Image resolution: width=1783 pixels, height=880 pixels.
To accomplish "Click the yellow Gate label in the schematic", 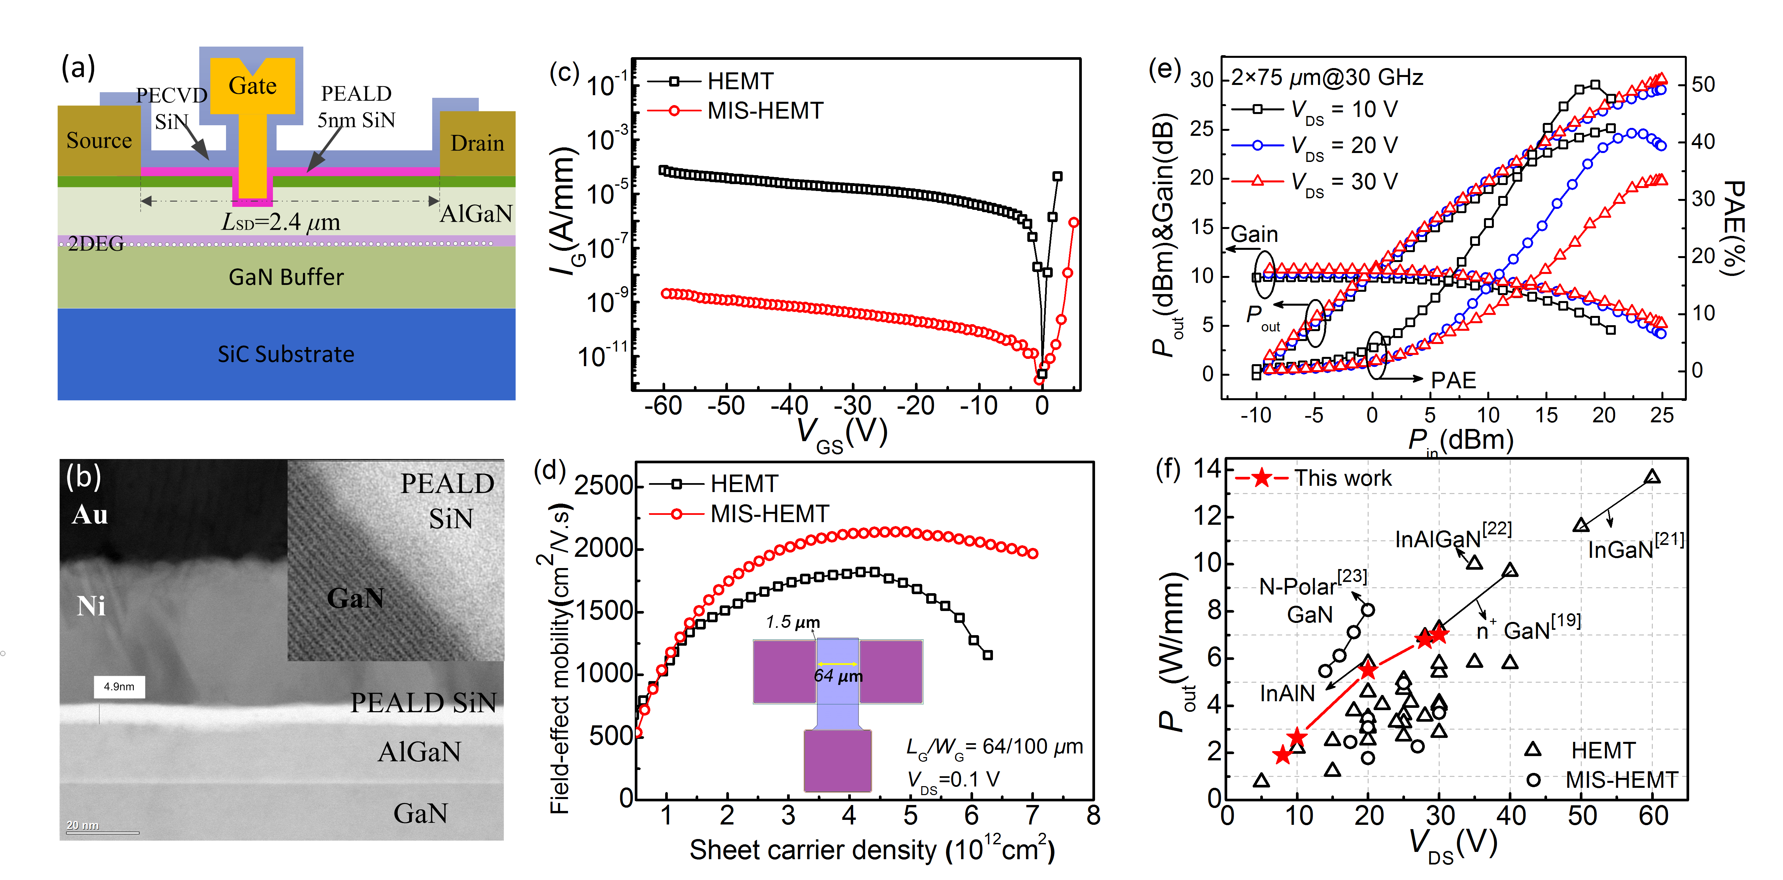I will tap(253, 86).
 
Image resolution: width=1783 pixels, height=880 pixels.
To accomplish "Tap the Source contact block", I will tap(99, 140).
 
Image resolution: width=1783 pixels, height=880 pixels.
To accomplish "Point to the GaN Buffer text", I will tap(286, 277).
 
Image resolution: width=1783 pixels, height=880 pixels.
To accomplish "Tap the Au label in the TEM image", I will tap(90, 515).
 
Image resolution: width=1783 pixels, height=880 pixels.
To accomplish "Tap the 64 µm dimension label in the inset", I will tap(838, 676).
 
